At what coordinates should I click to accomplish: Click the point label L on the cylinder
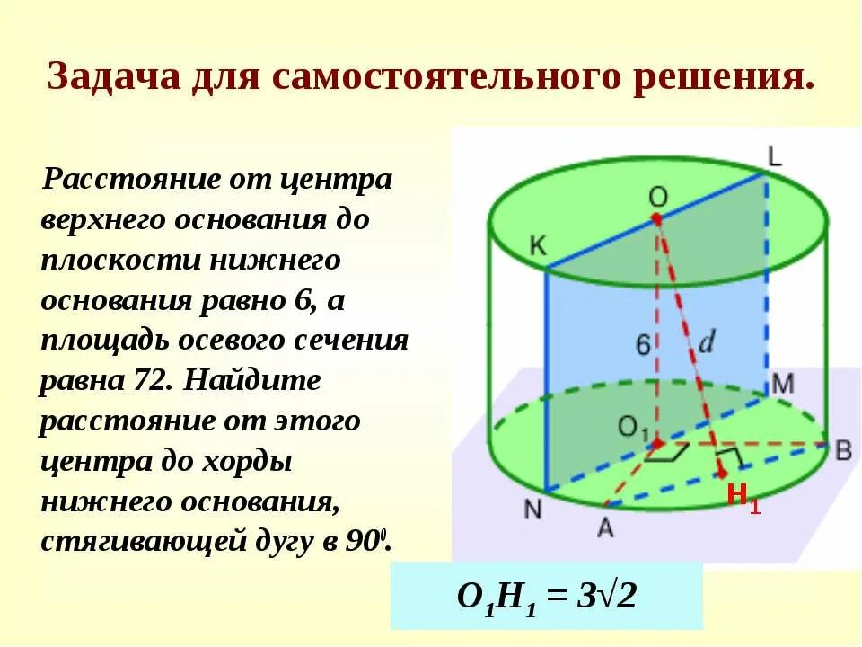(775, 157)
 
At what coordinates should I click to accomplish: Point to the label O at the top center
(658, 196)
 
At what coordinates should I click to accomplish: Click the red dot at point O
(656, 218)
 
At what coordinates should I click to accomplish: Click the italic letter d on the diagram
(708, 342)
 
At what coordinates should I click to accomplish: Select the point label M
(783, 384)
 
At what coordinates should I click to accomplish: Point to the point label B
(843, 450)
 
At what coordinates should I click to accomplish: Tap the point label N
(532, 509)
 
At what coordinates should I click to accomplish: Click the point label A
(605, 528)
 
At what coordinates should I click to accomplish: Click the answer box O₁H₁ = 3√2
(546, 595)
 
